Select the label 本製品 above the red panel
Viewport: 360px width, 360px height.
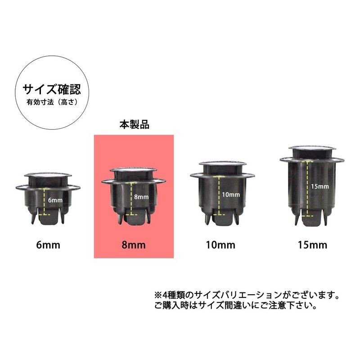coord(134,124)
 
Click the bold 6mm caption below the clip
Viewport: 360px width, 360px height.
coord(48,245)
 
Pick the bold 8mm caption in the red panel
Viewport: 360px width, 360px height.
coord(134,245)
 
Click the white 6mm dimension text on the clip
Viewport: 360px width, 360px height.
coord(55,200)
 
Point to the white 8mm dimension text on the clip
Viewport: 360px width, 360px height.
coord(141,197)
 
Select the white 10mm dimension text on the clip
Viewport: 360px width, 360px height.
coord(231,195)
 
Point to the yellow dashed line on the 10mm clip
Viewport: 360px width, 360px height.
coord(219,196)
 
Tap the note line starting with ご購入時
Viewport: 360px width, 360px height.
coord(236,306)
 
